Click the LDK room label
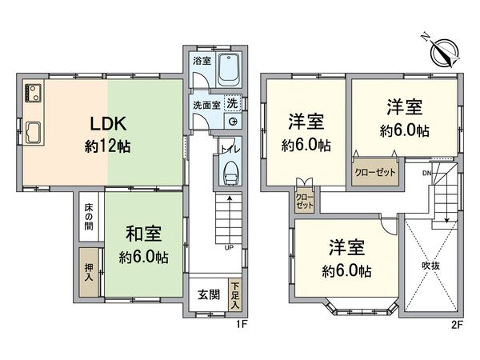click(107, 126)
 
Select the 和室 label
click(144, 234)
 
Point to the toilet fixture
click(230, 171)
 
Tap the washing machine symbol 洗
click(231, 103)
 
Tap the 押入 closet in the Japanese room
click(89, 261)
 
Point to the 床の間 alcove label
click(89, 215)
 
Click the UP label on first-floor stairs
click(229, 247)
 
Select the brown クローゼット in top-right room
click(374, 172)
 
